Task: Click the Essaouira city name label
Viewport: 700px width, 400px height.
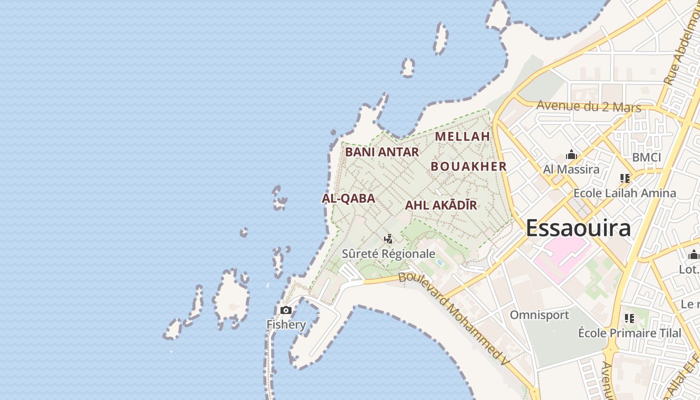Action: tap(578, 228)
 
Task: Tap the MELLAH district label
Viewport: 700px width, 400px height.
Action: tap(462, 136)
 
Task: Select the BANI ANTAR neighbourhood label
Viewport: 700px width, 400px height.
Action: tap(382, 152)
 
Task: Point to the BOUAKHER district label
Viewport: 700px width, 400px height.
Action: tap(468, 166)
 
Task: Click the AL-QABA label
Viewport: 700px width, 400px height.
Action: tap(348, 198)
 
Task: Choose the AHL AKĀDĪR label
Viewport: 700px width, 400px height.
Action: tap(441, 205)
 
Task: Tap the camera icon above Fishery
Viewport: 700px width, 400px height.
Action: tap(286, 310)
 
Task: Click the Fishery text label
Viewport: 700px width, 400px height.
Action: tap(286, 324)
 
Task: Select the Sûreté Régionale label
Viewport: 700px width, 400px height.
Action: tap(388, 253)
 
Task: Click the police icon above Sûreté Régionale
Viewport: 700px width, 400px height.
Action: tap(388, 239)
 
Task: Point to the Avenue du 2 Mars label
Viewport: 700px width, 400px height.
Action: tap(589, 106)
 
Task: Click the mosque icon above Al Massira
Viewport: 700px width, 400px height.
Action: tap(571, 155)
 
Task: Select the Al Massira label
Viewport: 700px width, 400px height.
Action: tap(571, 169)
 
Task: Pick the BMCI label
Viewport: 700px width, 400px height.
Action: tap(646, 157)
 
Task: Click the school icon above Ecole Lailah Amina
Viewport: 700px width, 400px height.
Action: tap(624, 178)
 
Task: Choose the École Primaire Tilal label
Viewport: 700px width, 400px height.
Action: tap(629, 333)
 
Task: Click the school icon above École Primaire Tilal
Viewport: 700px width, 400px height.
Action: tap(629, 318)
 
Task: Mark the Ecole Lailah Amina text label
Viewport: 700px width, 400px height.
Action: tap(624, 193)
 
